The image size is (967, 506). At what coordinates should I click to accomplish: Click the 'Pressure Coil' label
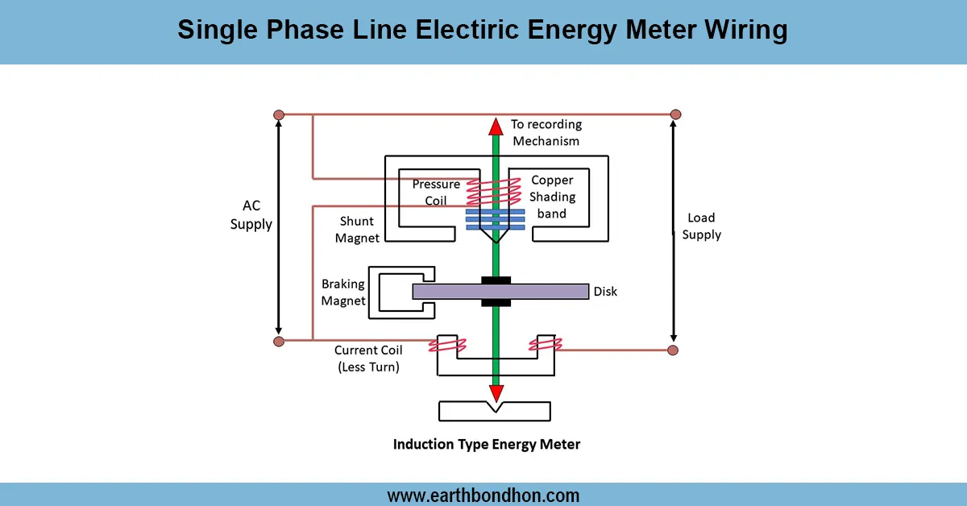click(436, 192)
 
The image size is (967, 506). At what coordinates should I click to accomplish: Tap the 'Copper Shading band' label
click(552, 197)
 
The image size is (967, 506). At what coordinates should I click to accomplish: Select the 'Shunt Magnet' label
click(359, 230)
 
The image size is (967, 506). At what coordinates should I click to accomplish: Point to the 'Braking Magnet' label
click(343, 292)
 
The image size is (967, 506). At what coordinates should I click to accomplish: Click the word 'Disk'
click(605, 291)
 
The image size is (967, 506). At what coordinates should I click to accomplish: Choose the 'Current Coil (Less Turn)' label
click(367, 359)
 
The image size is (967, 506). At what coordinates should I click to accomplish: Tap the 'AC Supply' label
click(251, 215)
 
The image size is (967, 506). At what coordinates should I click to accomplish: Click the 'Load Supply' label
click(701, 226)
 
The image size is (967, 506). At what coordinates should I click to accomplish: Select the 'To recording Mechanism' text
click(546, 133)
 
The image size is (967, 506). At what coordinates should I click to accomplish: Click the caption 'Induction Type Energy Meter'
click(486, 444)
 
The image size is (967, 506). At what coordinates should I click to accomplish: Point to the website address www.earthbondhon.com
click(483, 495)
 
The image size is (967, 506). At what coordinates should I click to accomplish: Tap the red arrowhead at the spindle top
click(496, 126)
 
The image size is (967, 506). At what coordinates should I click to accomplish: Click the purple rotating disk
click(548, 291)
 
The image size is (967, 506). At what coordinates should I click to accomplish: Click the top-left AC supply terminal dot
click(279, 114)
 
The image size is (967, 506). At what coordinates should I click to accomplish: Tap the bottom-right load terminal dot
click(673, 350)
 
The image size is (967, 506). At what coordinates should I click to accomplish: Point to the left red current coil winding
click(448, 346)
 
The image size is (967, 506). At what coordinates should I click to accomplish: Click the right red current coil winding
click(546, 345)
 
